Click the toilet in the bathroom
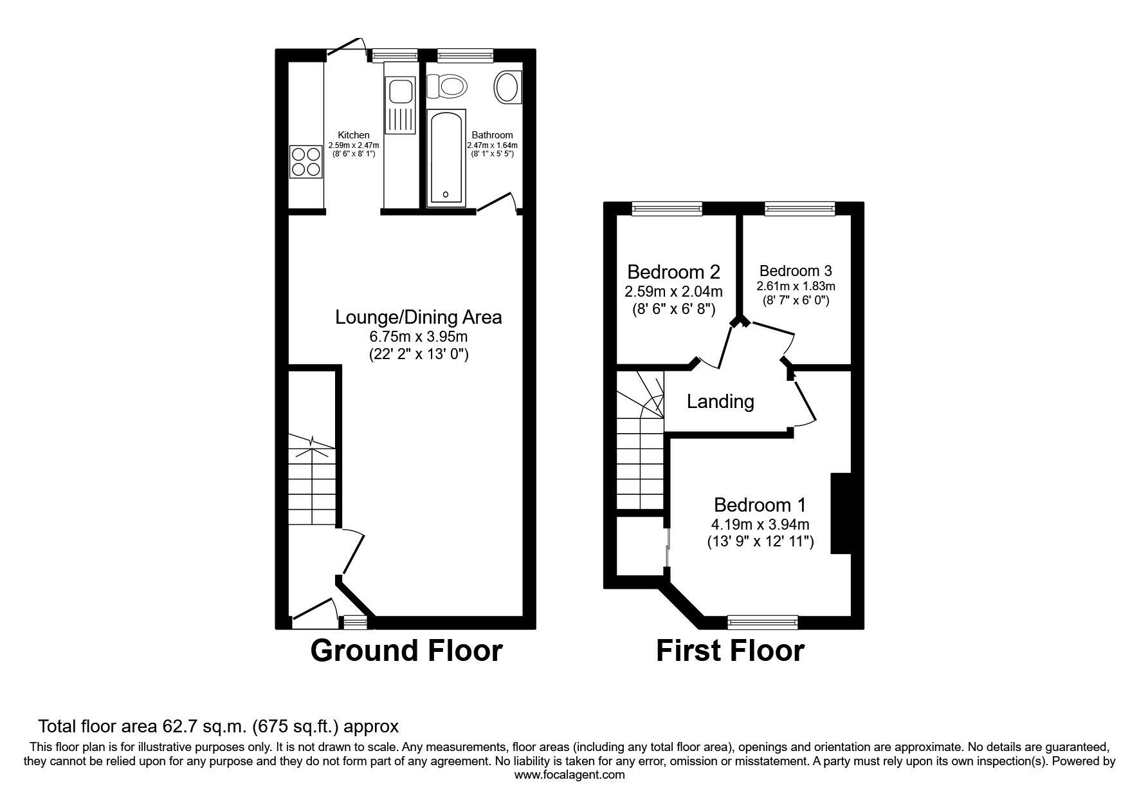pos(448,86)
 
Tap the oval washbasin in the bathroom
pos(507,87)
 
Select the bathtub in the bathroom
pos(445,158)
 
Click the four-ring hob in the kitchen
pos(305,162)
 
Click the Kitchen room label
pos(354,135)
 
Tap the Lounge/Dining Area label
pos(419,317)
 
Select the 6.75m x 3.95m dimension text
pos(419,337)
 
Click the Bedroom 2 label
pos(673,272)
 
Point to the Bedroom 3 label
pos(796,271)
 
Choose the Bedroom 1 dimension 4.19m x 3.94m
pos(761,524)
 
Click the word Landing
pos(720,402)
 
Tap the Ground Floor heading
pos(406,651)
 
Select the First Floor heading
pos(730,651)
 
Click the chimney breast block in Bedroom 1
pos(841,513)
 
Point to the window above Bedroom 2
pos(666,208)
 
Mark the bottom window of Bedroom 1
pos(762,622)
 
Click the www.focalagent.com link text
pos(569,775)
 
